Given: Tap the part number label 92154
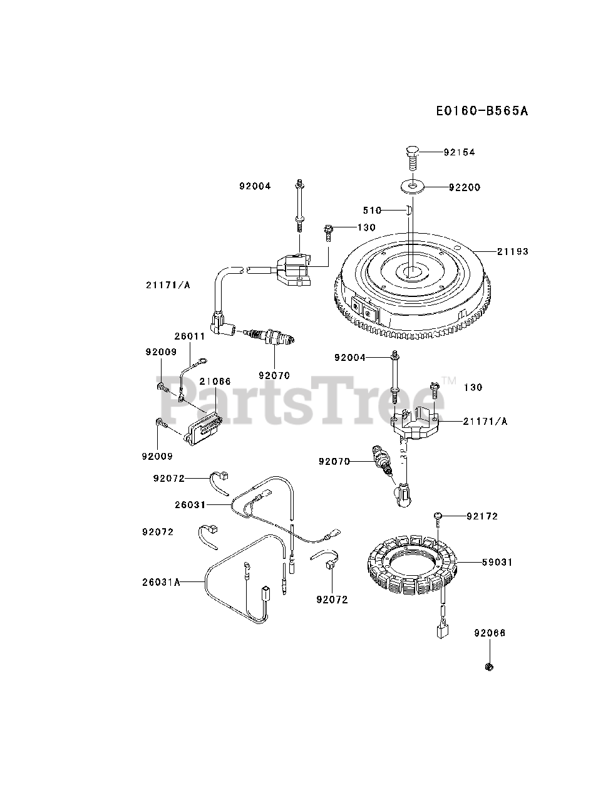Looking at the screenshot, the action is (460, 152).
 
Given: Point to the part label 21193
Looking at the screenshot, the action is (513, 251).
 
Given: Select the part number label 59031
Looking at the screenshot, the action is (498, 563).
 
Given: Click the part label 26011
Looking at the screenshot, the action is (190, 336).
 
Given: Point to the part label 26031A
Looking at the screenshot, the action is (161, 582).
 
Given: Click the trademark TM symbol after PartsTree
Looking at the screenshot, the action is (448, 380).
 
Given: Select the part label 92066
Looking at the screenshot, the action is (490, 633).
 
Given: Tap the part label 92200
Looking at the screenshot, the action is (465, 187).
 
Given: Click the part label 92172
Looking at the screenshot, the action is (482, 516).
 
